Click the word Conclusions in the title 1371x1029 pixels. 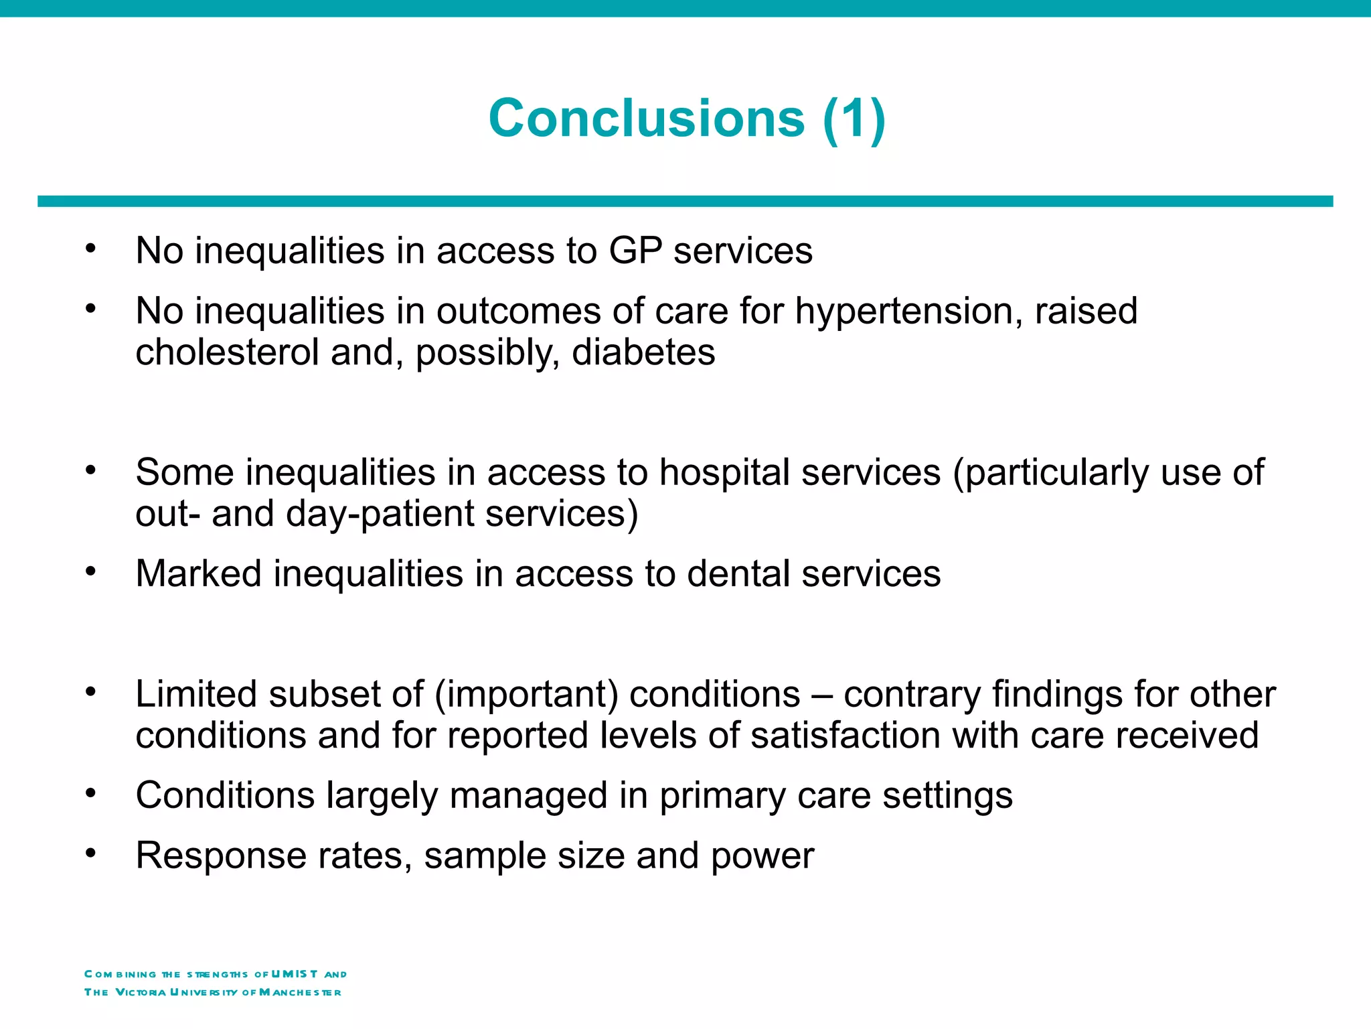(646, 119)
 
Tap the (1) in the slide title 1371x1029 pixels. (854, 119)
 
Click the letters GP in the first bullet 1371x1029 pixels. (635, 251)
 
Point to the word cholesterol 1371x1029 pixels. (227, 352)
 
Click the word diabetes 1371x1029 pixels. (643, 352)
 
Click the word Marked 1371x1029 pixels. (198, 574)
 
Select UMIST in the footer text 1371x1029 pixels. (295, 974)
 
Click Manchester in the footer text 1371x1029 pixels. (300, 992)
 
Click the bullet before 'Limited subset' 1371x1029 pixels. (91, 691)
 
